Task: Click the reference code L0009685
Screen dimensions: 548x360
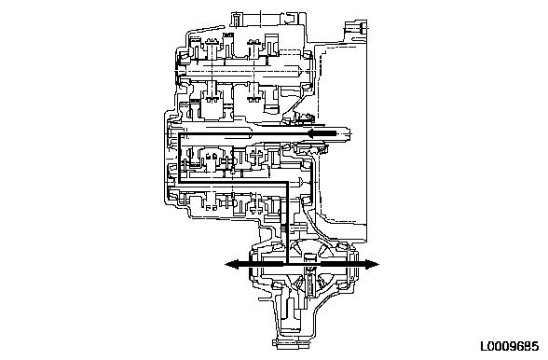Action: [509, 346]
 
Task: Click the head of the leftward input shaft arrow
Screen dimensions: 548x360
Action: [312, 133]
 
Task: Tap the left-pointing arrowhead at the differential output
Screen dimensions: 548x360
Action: [232, 264]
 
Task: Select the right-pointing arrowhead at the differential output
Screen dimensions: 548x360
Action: [372, 264]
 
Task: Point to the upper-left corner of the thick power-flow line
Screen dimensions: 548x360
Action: [180, 133]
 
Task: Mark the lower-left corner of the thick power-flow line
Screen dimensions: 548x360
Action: [180, 182]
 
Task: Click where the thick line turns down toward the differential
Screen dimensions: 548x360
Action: [287, 182]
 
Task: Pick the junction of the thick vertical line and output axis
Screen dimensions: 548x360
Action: [287, 264]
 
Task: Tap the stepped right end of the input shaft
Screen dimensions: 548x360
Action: [349, 134]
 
